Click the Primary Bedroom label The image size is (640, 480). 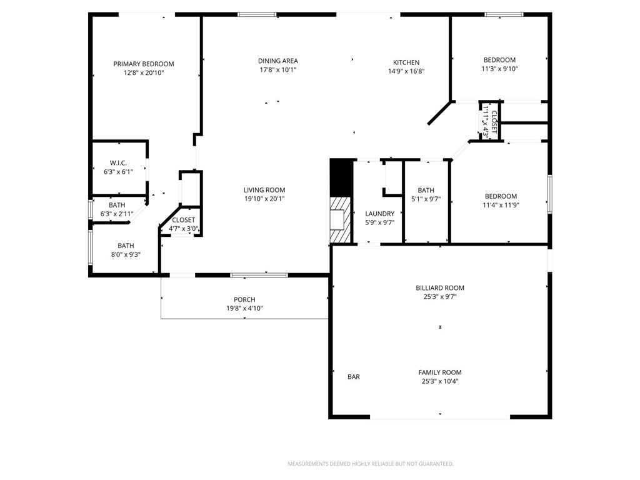coord(143,64)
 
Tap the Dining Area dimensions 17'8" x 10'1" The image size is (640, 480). coord(277,70)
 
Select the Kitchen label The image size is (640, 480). coord(406,62)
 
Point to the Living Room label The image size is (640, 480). coord(264,190)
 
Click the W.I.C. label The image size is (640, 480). coord(118,162)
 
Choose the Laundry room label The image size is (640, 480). coord(379,214)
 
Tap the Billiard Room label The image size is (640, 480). coord(440,288)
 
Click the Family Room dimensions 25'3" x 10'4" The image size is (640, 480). coord(440,381)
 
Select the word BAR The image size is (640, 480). coord(354,377)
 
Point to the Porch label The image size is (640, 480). coord(244,299)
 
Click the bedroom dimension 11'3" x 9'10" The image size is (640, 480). coord(499,69)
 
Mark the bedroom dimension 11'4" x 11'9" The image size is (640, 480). coord(501,205)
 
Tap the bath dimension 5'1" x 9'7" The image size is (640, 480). coord(426,199)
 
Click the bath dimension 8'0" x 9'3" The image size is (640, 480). coord(126,254)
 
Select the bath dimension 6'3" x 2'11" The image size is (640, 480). coord(117,214)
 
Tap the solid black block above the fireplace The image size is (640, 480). coord(341,178)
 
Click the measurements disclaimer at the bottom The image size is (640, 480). coord(370,464)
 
